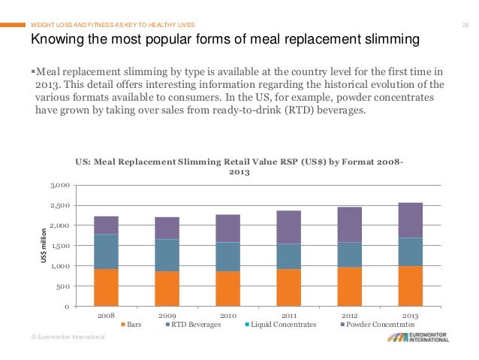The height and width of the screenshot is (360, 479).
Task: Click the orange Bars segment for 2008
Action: [106, 287]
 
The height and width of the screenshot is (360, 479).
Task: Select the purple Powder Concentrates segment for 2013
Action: [411, 219]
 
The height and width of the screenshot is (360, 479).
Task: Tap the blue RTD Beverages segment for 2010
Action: [227, 256]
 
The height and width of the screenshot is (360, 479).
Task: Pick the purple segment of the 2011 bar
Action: [289, 227]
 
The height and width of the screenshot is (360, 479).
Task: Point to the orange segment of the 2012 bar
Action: [350, 286]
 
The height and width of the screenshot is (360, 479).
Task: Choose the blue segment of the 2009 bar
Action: [167, 255]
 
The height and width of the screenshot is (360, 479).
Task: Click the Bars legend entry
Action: [134, 325]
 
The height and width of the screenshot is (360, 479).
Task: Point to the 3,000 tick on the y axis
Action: [62, 185]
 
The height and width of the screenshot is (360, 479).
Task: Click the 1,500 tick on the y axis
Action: [62, 246]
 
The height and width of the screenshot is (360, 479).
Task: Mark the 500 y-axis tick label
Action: [65, 286]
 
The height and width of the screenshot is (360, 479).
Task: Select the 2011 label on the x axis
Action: [289, 316]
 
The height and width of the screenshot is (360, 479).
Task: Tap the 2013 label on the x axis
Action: [411, 316]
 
